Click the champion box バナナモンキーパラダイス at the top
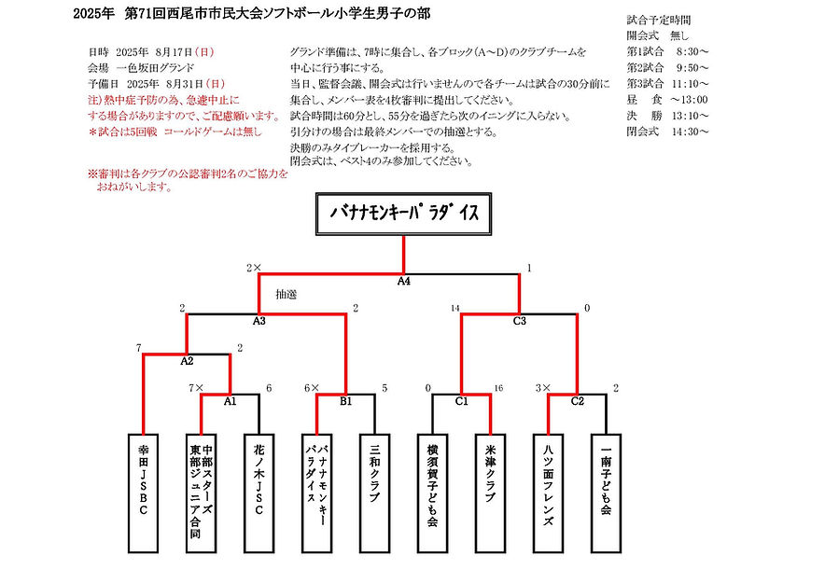[x=403, y=214]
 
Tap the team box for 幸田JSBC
[x=143, y=493]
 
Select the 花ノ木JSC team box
[x=259, y=493]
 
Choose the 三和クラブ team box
[x=374, y=493]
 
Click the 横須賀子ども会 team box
[x=432, y=493]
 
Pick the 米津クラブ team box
[x=490, y=493]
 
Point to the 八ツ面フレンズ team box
[x=548, y=493]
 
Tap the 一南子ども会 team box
[x=606, y=493]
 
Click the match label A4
[x=403, y=282]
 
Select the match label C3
[x=519, y=321]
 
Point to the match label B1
[x=345, y=402]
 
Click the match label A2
[x=187, y=361]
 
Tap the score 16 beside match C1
[x=498, y=388]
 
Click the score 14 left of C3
[x=455, y=308]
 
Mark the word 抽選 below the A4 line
[x=287, y=295]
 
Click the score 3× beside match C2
[x=543, y=388]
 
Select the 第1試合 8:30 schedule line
[x=667, y=51]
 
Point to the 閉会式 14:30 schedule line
[x=667, y=132]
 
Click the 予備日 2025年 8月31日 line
[x=157, y=84]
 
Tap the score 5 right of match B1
[x=385, y=388]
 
